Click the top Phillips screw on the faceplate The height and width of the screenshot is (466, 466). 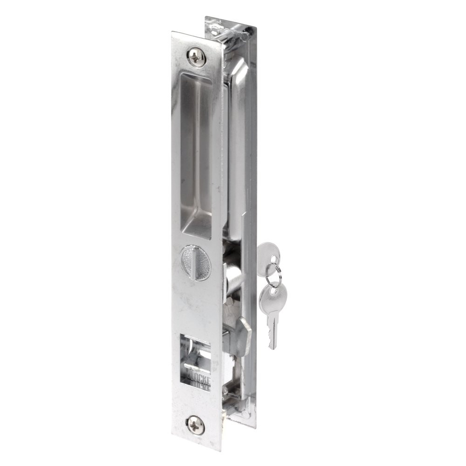[x=196, y=57]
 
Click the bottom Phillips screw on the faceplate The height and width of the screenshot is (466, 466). [x=195, y=425]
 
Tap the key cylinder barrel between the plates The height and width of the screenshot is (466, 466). [x=233, y=275]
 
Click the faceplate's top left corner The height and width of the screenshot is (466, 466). [x=173, y=34]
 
